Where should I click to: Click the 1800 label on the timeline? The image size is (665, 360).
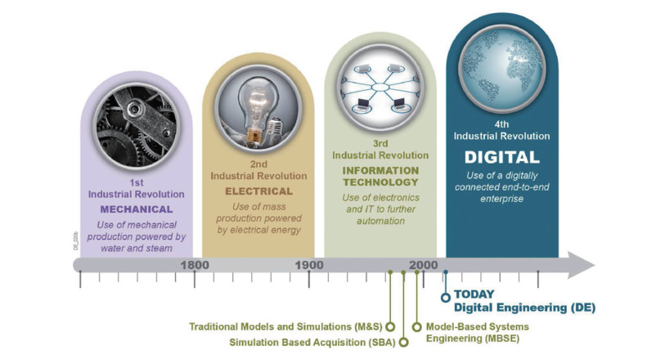tap(195, 265)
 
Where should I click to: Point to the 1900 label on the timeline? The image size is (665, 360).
tap(309, 265)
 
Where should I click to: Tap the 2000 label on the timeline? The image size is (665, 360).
tap(423, 265)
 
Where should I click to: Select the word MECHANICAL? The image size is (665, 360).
tap(137, 209)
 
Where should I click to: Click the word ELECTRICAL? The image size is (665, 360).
tap(258, 191)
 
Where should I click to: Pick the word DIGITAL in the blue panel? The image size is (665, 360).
tap(501, 157)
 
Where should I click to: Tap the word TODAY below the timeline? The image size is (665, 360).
tap(474, 294)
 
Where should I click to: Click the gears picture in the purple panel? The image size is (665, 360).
tap(136, 126)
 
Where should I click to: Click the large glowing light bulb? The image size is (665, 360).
tap(254, 106)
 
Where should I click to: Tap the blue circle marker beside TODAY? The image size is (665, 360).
tap(445, 298)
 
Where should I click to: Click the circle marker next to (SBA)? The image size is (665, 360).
tap(404, 342)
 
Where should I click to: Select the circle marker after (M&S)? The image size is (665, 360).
tap(391, 327)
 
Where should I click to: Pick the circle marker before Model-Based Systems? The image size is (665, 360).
tap(417, 327)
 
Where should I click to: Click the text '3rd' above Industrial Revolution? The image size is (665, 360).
tap(380, 143)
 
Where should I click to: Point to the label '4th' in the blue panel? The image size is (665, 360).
tap(501, 124)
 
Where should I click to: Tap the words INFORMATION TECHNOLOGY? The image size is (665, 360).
tap(380, 176)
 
